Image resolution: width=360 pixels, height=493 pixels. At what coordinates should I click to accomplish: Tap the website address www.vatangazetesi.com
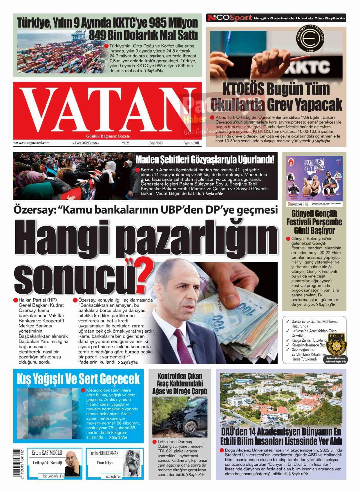click(31, 143)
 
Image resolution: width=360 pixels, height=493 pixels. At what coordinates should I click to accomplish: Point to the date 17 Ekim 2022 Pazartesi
click(85, 143)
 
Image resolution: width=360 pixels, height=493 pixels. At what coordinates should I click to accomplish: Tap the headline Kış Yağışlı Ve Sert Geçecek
click(78, 379)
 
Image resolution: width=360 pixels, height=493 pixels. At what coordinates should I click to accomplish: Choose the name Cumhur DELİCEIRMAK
click(104, 453)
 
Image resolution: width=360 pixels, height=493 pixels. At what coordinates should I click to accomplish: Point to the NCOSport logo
click(229, 18)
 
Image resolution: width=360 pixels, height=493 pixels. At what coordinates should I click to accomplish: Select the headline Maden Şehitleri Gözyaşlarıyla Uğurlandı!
click(205, 159)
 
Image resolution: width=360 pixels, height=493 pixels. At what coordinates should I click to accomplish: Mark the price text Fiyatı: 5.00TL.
click(192, 143)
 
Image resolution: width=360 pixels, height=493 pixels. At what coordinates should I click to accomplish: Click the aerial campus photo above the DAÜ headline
click(281, 399)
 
